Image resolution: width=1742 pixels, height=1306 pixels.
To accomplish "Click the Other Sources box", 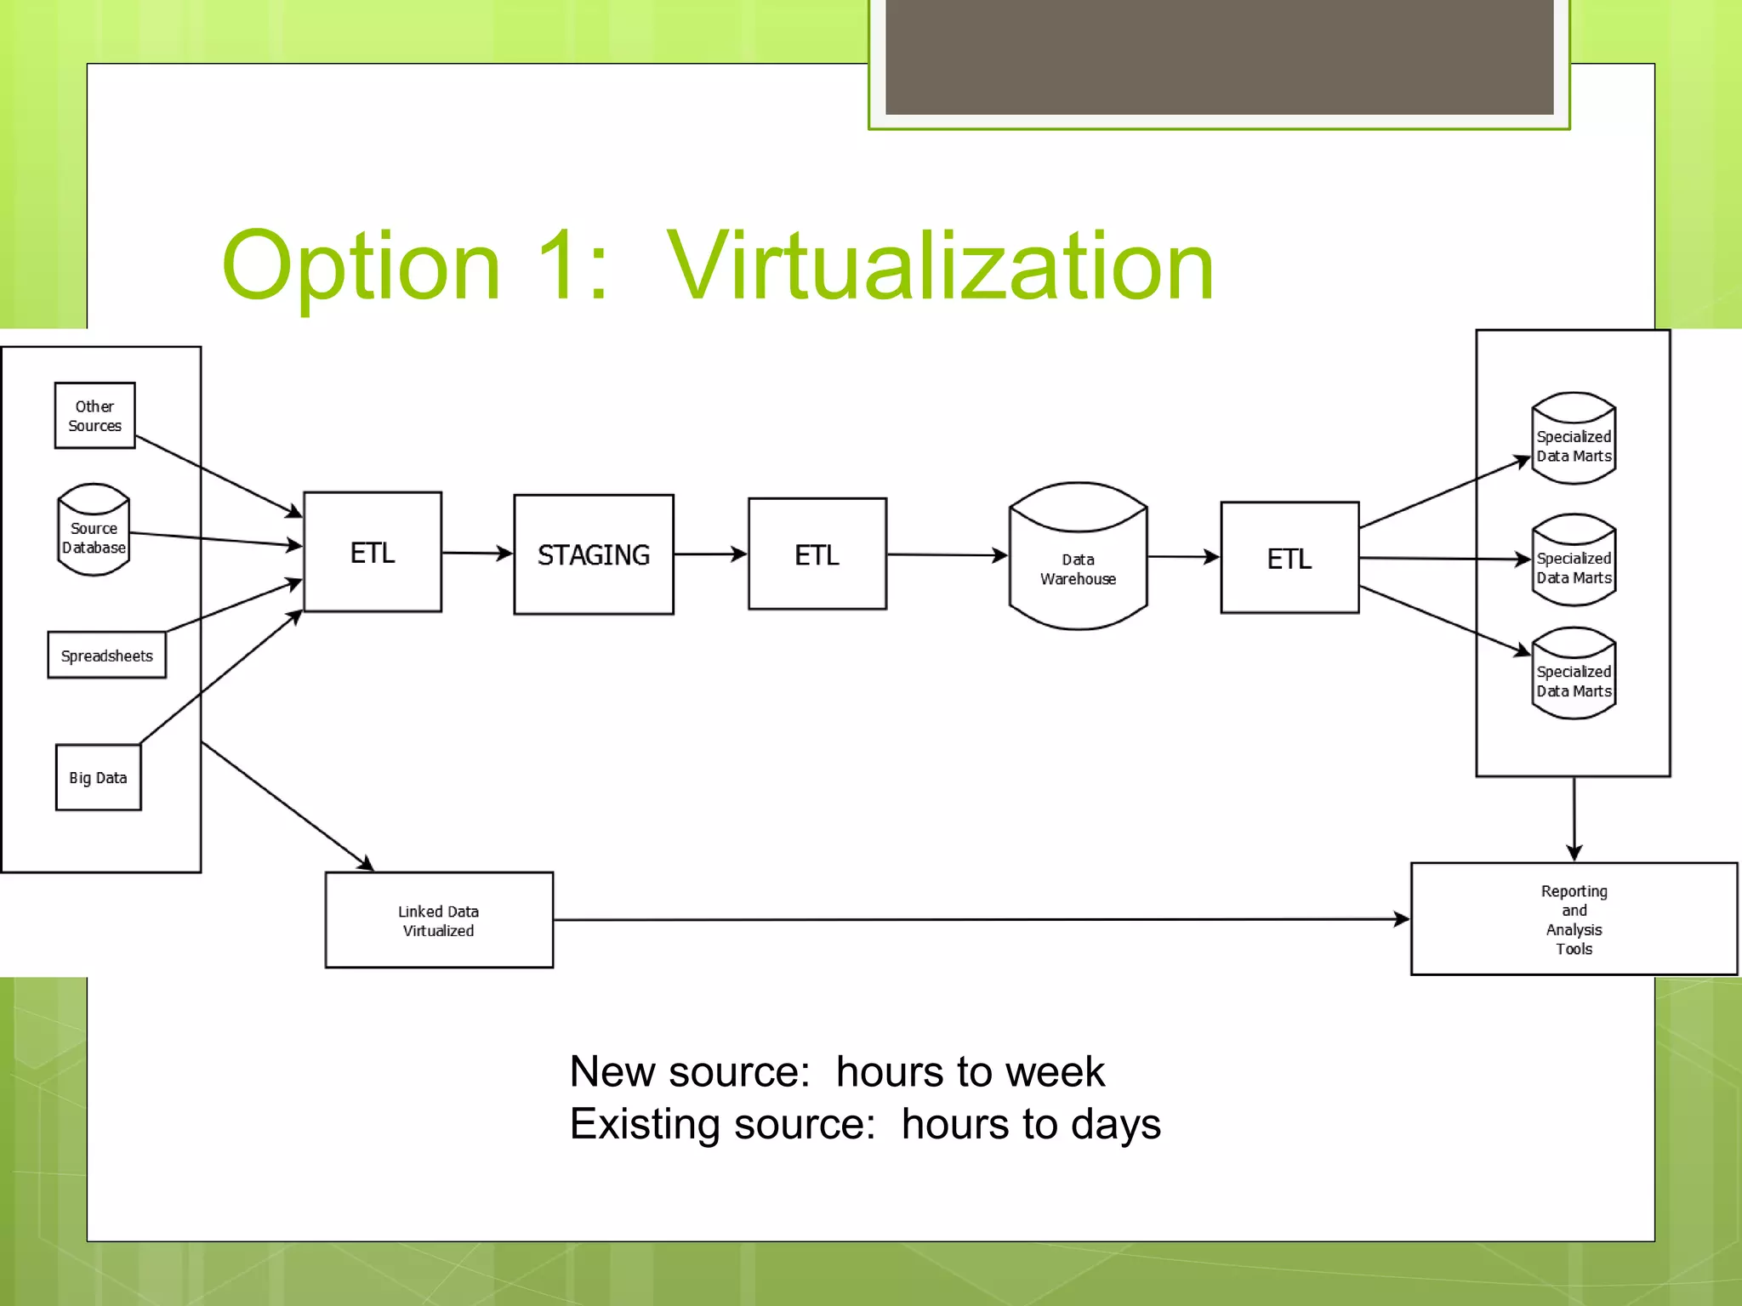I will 94,416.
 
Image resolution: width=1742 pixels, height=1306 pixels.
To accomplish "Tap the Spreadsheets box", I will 106,656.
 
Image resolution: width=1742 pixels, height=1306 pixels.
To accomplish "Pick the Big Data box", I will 98,777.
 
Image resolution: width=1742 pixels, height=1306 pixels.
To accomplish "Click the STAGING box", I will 594,554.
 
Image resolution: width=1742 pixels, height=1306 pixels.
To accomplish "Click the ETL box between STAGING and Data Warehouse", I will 817,554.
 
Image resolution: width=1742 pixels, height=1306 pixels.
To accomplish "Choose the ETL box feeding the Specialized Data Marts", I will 1289,558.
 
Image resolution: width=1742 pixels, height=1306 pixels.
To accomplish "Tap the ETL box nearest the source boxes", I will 373,552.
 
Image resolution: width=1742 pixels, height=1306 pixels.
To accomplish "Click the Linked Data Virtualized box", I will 439,920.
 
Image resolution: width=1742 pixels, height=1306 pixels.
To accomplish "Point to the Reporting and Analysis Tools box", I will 1574,919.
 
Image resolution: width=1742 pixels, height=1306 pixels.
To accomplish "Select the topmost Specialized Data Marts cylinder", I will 1574,440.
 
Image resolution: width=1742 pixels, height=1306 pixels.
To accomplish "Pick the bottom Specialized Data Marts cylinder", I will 1574,675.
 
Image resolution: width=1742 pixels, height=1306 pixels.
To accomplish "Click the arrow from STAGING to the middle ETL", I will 710,554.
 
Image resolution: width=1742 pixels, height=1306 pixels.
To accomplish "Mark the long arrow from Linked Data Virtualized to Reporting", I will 978,919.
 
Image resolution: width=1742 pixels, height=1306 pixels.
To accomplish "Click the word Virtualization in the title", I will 940,267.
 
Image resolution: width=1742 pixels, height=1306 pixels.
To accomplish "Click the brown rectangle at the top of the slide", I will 1219,56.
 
